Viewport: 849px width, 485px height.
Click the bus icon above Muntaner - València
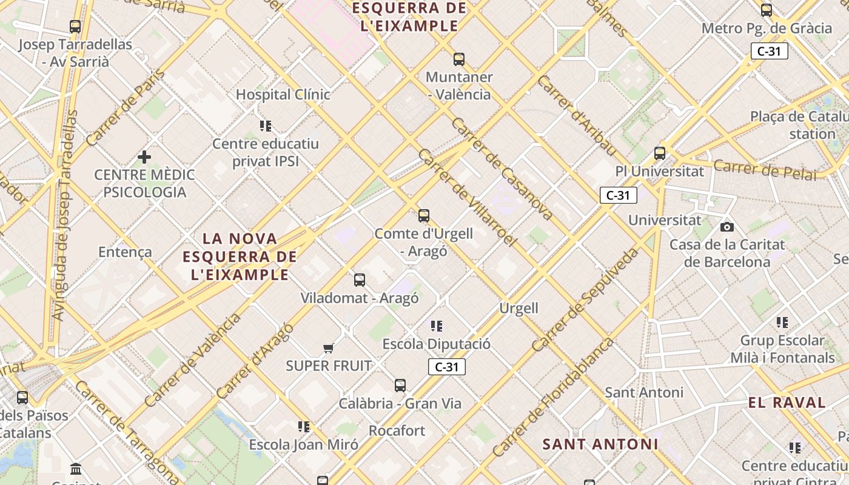pyautogui.click(x=459, y=59)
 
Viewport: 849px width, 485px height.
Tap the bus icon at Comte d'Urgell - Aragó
pyautogui.click(x=424, y=215)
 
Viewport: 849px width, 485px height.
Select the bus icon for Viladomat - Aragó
pyautogui.click(x=360, y=279)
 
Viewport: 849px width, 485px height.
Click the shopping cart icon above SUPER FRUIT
pyautogui.click(x=329, y=348)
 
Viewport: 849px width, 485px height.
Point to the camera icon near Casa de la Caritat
pyautogui.click(x=727, y=227)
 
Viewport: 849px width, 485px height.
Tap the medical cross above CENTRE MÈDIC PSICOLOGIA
pyautogui.click(x=144, y=157)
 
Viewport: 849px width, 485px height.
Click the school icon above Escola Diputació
pyautogui.click(x=437, y=326)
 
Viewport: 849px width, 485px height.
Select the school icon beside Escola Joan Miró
pyautogui.click(x=304, y=426)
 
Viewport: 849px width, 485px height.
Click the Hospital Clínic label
pyautogui.click(x=283, y=95)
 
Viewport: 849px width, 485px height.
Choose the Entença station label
pyautogui.click(x=125, y=252)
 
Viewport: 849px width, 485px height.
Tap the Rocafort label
pyautogui.click(x=397, y=430)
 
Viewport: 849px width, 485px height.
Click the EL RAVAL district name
pyautogui.click(x=787, y=403)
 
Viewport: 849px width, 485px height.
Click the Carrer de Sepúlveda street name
pyautogui.click(x=585, y=299)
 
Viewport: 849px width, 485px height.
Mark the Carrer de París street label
pyautogui.click(x=126, y=108)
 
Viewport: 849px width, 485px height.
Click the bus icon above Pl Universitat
pyautogui.click(x=660, y=153)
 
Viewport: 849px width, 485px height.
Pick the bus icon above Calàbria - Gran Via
pyautogui.click(x=400, y=385)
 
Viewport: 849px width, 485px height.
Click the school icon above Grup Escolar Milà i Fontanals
pyautogui.click(x=782, y=323)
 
